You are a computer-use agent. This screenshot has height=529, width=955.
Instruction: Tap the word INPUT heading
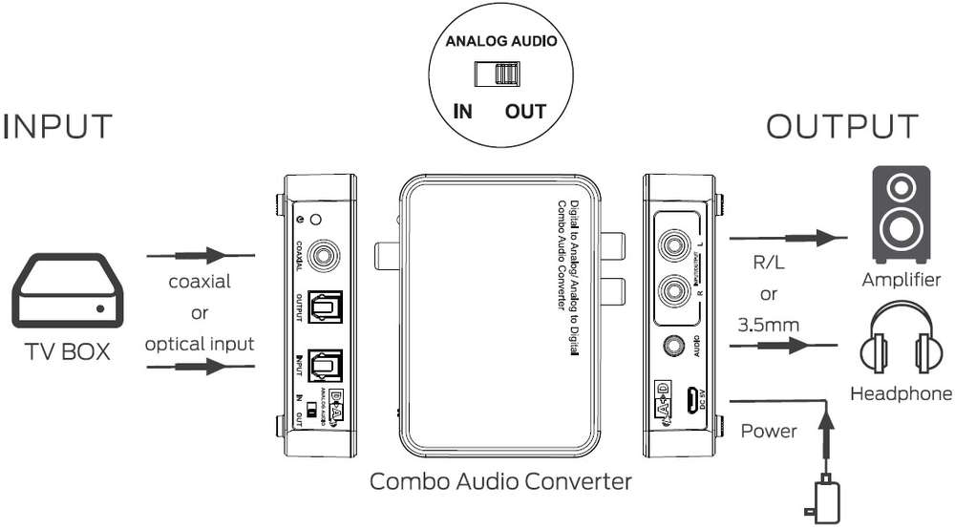coord(58,126)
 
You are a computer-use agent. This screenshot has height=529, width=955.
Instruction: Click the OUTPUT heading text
coord(842,126)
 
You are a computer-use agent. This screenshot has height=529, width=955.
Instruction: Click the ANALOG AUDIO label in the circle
coord(500,41)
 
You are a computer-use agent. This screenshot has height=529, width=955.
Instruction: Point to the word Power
coord(769,431)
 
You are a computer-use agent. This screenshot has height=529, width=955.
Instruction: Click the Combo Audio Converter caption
coord(500,480)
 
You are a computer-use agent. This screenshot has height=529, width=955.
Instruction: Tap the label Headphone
coord(901,392)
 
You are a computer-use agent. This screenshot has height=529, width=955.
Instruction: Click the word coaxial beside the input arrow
coord(200,282)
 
